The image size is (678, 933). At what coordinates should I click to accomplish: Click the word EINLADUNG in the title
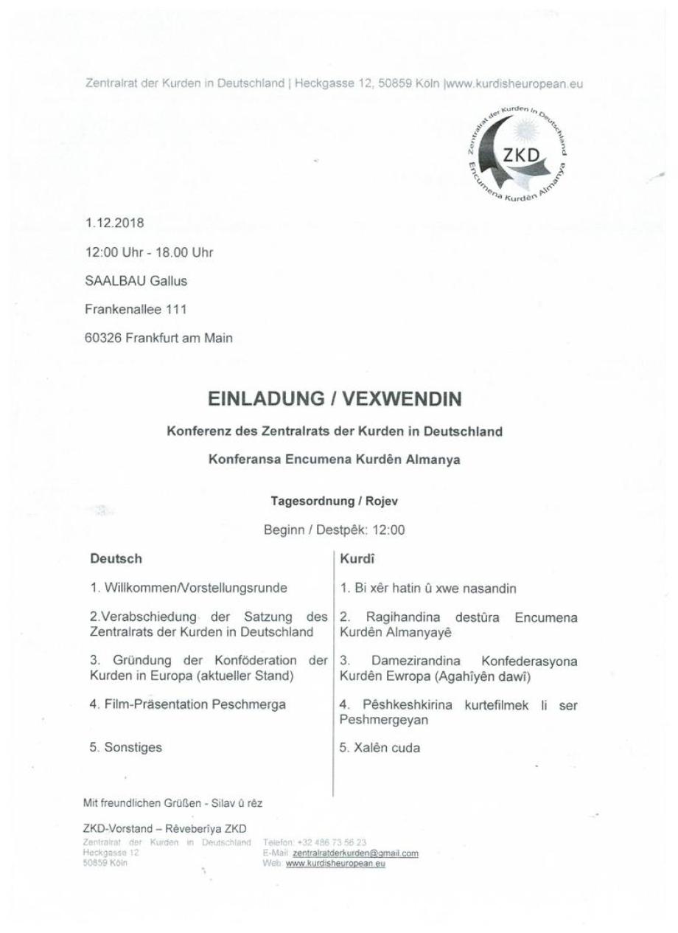263,399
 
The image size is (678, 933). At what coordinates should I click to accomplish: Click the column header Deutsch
116,560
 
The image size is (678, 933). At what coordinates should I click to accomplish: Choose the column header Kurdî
356,560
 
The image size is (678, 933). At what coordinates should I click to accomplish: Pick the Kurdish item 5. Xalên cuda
380,747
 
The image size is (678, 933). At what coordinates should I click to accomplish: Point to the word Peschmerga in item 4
247,704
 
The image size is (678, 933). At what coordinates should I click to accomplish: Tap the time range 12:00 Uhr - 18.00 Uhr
150,253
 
